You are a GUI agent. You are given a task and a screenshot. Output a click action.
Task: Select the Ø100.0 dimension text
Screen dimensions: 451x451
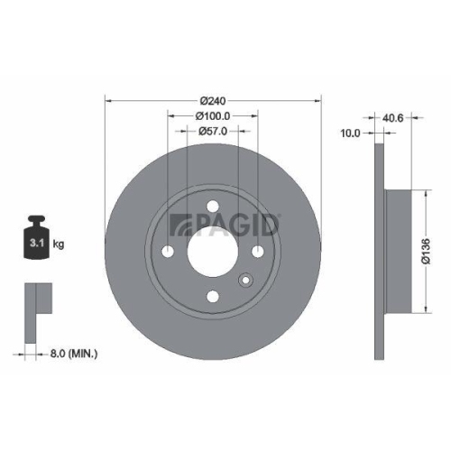point(213,115)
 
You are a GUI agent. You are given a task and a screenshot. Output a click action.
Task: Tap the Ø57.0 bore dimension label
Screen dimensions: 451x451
point(212,132)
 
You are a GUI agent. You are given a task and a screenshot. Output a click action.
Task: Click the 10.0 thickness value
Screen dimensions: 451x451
point(351,133)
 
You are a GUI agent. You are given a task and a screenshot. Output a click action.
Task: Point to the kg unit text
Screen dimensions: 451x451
point(59,244)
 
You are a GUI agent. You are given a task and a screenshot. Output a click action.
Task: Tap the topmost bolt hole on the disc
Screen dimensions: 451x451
point(212,206)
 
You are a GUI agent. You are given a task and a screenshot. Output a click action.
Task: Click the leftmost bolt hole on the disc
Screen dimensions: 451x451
point(168,251)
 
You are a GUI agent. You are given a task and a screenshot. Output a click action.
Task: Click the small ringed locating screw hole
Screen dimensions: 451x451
point(243,281)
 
